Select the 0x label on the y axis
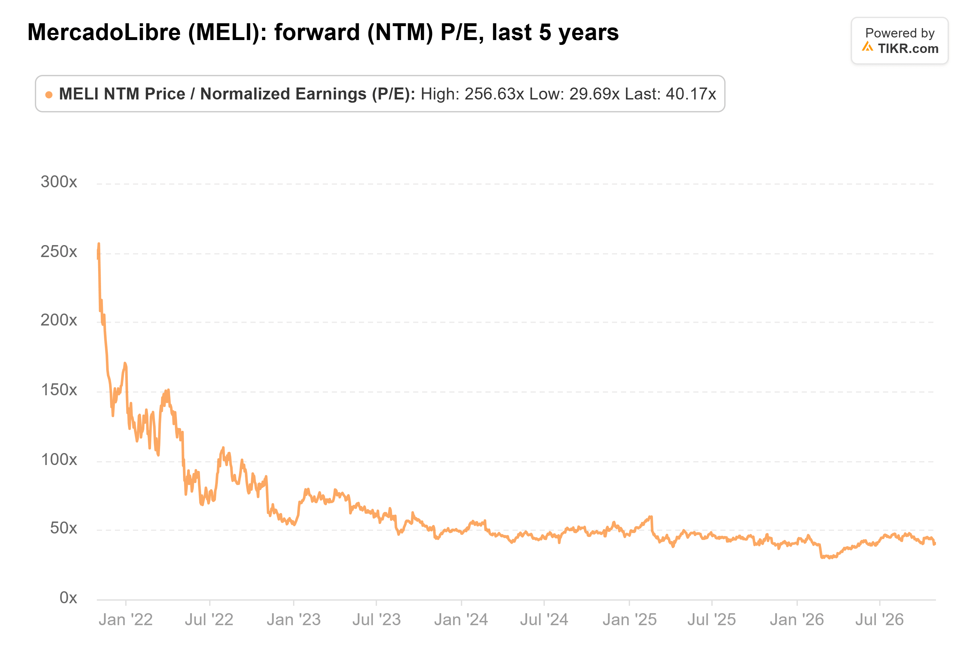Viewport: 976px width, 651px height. click(x=68, y=597)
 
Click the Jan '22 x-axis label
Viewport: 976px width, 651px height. click(x=126, y=620)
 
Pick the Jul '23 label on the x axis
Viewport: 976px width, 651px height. click(x=376, y=620)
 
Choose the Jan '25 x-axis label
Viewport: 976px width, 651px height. click(x=629, y=620)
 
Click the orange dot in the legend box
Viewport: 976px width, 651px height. click(x=49, y=95)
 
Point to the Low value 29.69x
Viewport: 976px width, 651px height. click(x=594, y=94)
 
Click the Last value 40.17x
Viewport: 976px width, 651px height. click(x=691, y=94)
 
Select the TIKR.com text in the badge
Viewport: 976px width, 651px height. click(x=908, y=48)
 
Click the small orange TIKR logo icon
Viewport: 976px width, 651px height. click(x=867, y=46)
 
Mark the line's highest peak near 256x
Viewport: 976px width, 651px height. click(x=99, y=244)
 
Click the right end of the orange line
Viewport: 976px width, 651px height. click(x=935, y=543)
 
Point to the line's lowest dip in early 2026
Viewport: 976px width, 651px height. click(x=830, y=558)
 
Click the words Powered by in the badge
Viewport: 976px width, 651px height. click(x=900, y=33)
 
